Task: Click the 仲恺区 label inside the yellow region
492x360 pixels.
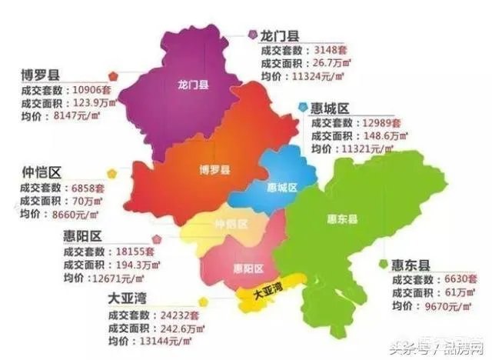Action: (x=231, y=225)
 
